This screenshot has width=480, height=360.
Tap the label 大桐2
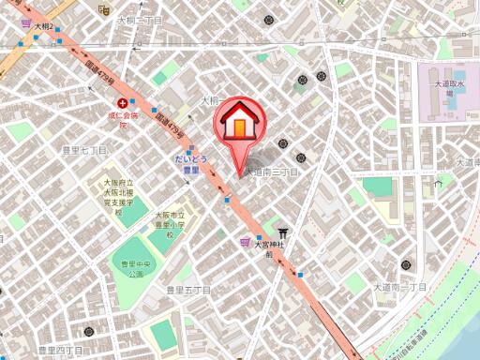coord(44,28)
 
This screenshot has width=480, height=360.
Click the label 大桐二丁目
coord(140,20)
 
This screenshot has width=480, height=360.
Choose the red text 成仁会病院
coord(122,119)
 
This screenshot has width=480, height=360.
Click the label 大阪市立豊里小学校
coord(169,224)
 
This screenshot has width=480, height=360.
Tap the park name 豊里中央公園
coord(135,269)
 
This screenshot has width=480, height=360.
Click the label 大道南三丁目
coord(271,172)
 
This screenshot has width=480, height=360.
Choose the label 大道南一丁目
coord(400,286)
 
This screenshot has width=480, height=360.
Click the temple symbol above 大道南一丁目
coord(405,265)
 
